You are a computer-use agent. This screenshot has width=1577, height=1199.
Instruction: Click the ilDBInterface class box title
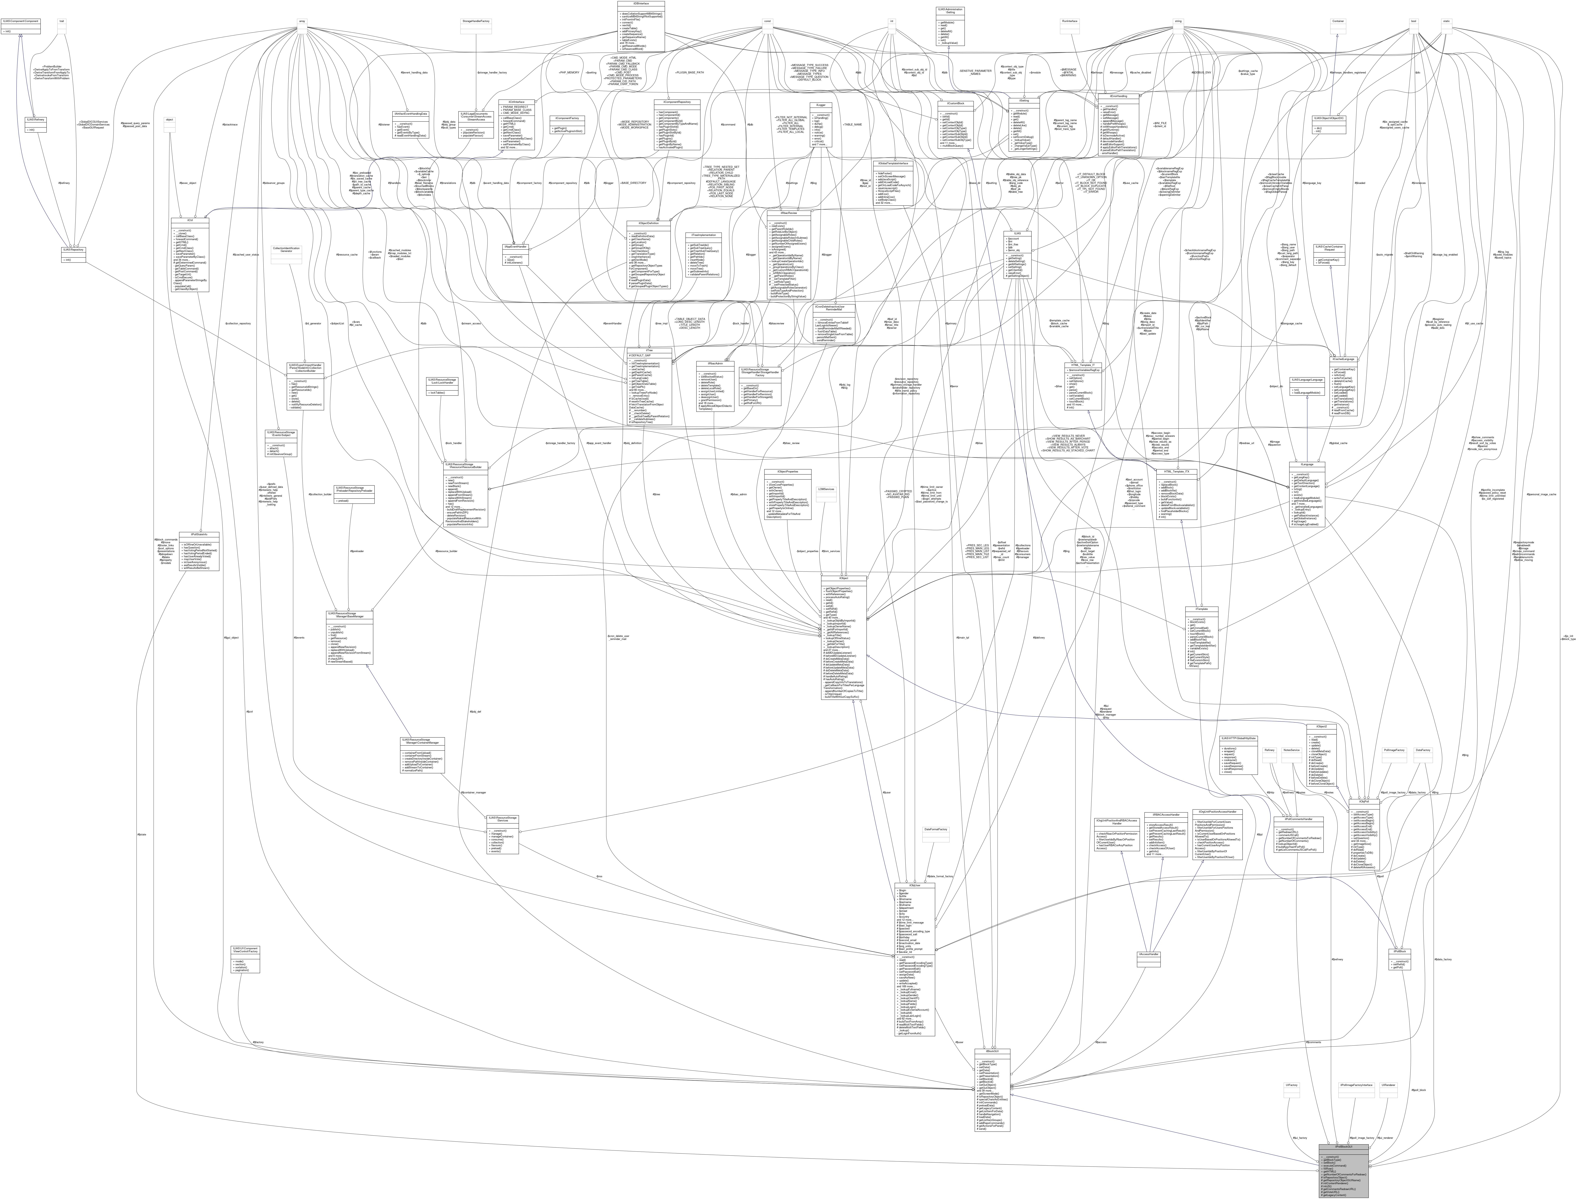(641, 4)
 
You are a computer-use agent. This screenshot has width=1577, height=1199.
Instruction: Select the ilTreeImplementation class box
(703, 235)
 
